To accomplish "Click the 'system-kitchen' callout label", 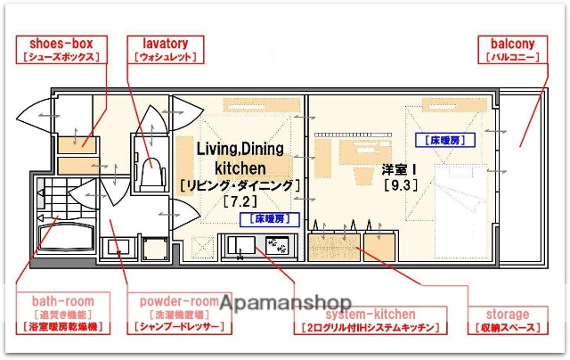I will click(370, 314).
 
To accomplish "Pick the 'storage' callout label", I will click(507, 314).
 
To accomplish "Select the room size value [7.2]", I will click(239, 201).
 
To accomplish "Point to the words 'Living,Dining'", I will click(240, 149).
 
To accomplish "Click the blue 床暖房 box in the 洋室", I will click(444, 140).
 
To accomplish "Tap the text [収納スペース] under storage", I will click(507, 328).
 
